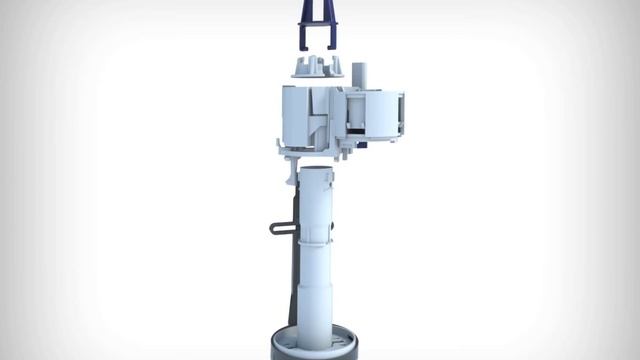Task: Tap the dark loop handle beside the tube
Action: coord(281,227)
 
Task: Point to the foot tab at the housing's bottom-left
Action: coord(283,150)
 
